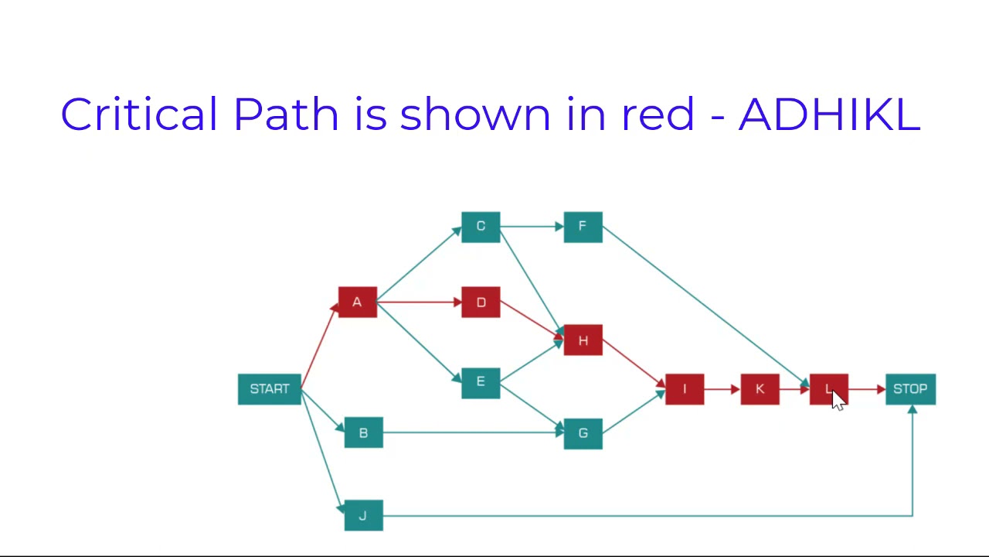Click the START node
coord(269,389)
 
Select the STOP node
coord(910,389)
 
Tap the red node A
coord(357,302)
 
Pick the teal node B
coord(363,432)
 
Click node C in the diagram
coord(481,227)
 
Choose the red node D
coord(481,302)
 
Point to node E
coord(481,382)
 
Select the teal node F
coord(583,227)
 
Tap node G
coord(583,433)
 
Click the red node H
coord(583,340)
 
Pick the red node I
coord(684,389)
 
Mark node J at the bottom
coord(363,515)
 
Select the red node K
coord(760,389)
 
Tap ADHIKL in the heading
coord(829,114)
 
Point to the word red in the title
coord(658,114)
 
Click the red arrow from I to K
coord(722,389)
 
